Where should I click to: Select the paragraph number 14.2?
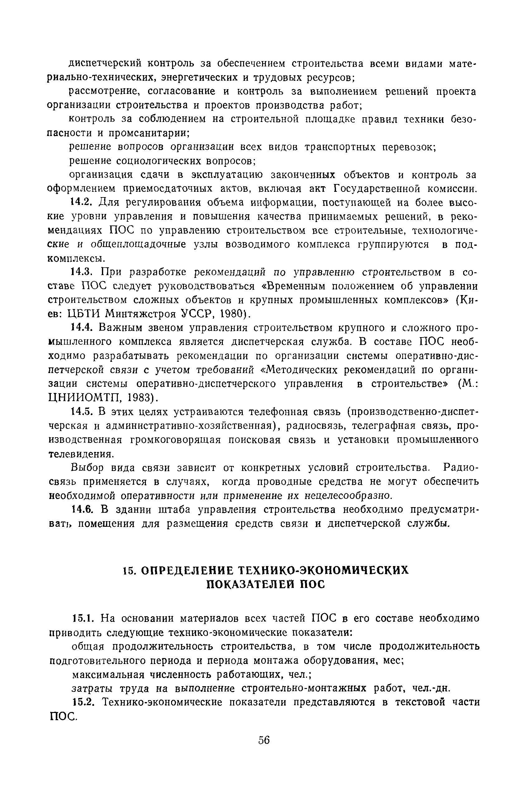(83, 202)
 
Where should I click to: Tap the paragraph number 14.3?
(83, 272)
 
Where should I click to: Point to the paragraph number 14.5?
(83, 412)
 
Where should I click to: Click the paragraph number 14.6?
(83, 510)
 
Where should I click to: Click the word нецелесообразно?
(348, 496)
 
